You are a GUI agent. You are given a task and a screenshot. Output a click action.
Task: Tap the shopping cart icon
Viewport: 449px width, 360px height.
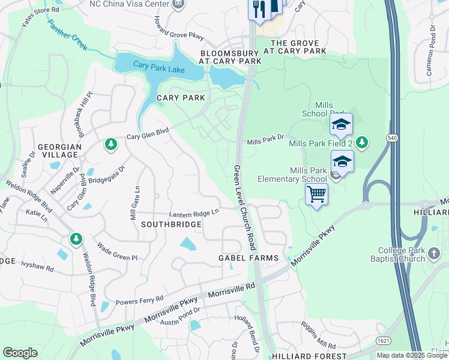pos(316,194)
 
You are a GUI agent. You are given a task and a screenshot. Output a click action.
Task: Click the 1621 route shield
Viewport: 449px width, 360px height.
pos(382,341)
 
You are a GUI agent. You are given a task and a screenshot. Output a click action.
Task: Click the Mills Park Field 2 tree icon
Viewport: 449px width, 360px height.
pos(361,142)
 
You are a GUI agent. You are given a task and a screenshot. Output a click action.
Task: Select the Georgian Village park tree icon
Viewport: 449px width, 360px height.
pos(110,144)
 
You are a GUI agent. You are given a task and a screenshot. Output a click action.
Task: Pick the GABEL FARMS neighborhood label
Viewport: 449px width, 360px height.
pos(248,258)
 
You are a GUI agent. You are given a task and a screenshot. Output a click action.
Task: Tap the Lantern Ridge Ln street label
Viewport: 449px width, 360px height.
pos(194,212)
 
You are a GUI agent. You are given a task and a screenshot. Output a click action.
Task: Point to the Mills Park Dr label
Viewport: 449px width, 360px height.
pos(265,140)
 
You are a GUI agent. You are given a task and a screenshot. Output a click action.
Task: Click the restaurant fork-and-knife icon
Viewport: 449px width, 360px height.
pos(259,10)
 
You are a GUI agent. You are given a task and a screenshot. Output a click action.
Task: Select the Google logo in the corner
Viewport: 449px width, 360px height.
pos(20,353)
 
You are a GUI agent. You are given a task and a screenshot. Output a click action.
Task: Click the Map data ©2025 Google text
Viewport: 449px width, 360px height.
pos(412,355)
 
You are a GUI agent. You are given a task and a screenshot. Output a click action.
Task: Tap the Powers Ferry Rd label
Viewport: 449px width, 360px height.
pos(139,299)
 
